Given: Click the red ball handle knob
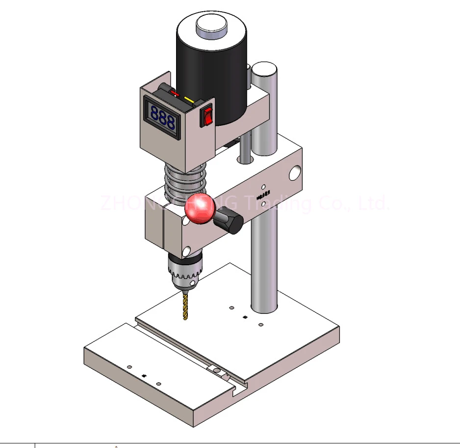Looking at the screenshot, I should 200,208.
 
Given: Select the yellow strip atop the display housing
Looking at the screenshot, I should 189,100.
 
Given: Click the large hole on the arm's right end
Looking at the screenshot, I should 295,172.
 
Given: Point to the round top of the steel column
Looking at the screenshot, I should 265,68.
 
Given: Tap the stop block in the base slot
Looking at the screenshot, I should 214,369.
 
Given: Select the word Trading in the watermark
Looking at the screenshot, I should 282,202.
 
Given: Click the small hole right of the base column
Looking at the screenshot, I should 261,325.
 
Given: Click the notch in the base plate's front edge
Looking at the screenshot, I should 236,391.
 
